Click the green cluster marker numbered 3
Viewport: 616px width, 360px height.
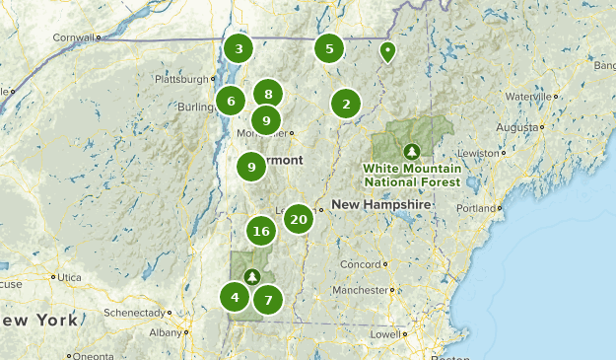(x=238, y=47)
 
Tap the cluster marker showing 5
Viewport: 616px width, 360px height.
(x=329, y=47)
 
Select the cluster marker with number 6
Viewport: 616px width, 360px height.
(x=231, y=100)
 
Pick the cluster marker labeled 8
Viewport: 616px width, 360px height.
(x=268, y=94)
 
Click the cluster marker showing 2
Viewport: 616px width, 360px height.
(x=345, y=103)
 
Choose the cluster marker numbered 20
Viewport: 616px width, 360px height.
(x=299, y=218)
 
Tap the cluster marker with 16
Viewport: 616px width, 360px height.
(x=260, y=232)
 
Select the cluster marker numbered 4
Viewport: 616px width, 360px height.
(x=235, y=297)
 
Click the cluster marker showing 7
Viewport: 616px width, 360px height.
(x=268, y=299)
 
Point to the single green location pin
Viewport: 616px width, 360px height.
(x=388, y=51)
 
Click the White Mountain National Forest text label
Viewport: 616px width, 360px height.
(x=411, y=175)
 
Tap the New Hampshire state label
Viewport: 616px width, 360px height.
(x=380, y=204)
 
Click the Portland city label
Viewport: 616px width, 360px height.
(x=476, y=209)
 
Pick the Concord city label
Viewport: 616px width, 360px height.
(x=359, y=264)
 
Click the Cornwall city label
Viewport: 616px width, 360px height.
(x=75, y=37)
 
